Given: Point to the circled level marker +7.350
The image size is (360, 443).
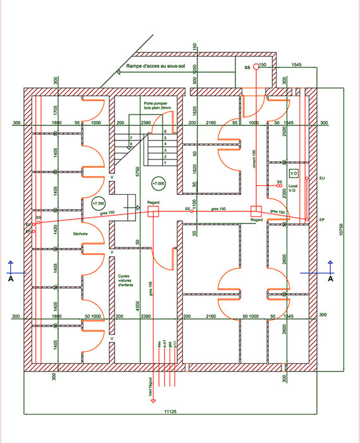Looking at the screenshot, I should click(x=98, y=204).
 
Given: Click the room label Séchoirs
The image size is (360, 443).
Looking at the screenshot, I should click(x=62, y=234).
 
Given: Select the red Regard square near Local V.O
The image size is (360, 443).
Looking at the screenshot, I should click(x=256, y=211).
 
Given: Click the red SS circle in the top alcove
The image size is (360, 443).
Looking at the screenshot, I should click(x=256, y=66).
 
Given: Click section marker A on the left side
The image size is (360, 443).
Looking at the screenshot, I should click(x=11, y=278).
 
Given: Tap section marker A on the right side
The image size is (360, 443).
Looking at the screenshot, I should click(x=330, y=278).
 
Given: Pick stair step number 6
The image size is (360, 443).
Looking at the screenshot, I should click(x=164, y=131).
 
